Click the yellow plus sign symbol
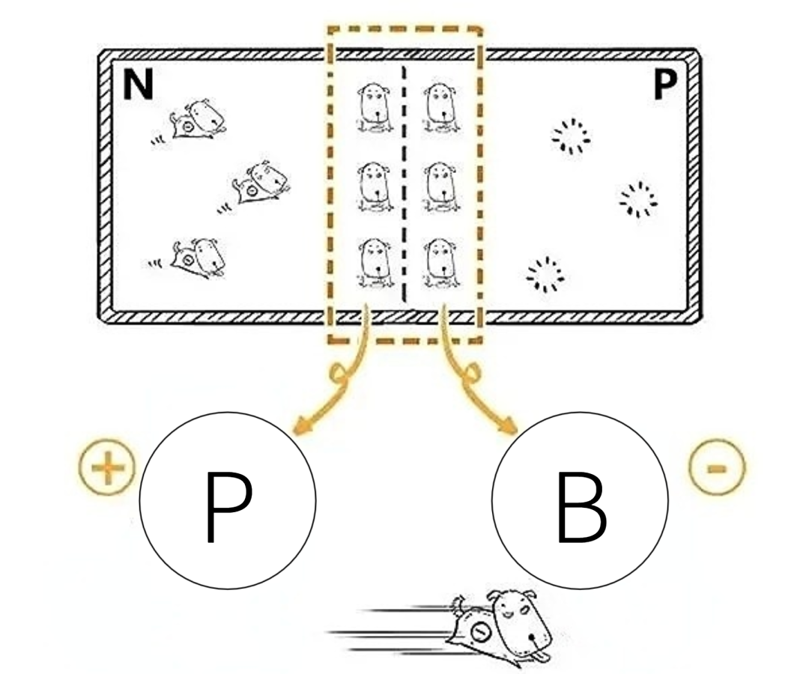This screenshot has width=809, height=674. [107, 470]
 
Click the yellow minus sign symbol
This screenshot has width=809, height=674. [717, 470]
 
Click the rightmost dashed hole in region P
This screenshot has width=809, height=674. [638, 198]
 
